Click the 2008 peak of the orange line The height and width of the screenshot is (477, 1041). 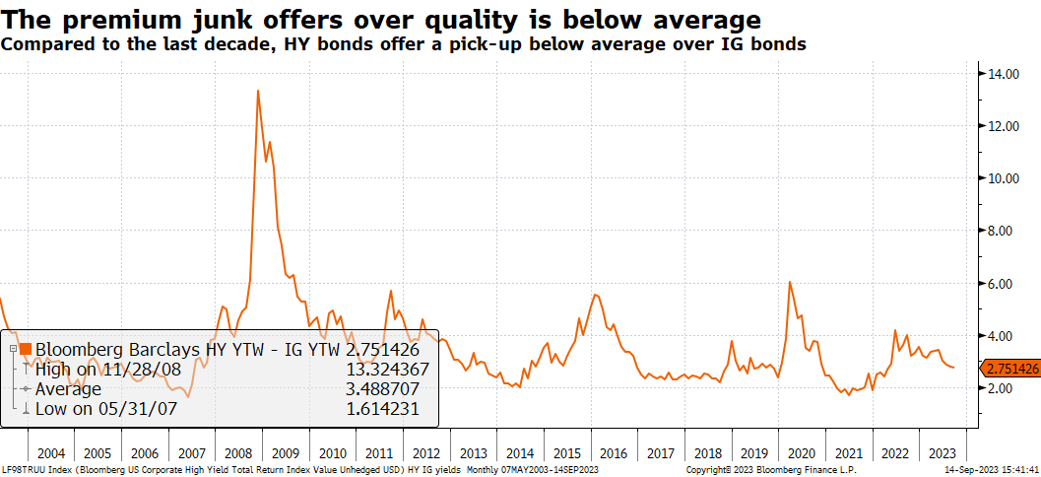pyautogui.click(x=258, y=91)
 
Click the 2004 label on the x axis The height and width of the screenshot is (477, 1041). pyautogui.click(x=50, y=453)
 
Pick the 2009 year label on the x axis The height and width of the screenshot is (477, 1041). pyautogui.click(x=286, y=453)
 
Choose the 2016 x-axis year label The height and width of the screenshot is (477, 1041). pyautogui.click(x=613, y=453)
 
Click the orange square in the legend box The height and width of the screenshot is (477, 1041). pyautogui.click(x=26, y=349)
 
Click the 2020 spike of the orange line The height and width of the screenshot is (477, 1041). pyautogui.click(x=790, y=283)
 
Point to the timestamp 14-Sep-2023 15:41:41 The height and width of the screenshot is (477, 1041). pyautogui.click(x=989, y=469)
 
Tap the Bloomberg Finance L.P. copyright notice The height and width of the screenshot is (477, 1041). pyautogui.click(x=771, y=469)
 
